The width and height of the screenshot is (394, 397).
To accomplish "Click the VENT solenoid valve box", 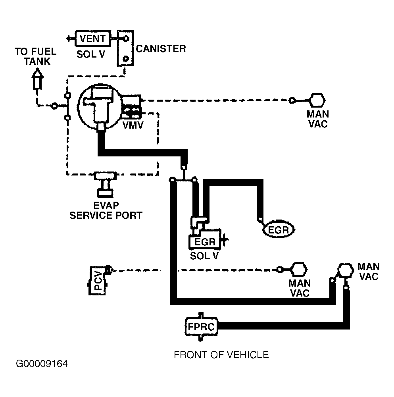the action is click(x=93, y=39).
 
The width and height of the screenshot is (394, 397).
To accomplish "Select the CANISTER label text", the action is click(x=161, y=48).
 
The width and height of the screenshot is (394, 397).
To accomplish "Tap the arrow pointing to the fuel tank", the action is click(x=37, y=79).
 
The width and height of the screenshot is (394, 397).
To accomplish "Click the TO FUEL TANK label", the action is click(x=36, y=56).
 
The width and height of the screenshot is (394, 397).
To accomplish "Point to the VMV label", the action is click(x=133, y=125).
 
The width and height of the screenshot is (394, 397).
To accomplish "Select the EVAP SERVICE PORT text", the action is click(x=106, y=210).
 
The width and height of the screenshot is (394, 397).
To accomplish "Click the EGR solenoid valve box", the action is click(x=205, y=239).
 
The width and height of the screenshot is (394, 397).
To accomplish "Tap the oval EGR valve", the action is click(x=279, y=230).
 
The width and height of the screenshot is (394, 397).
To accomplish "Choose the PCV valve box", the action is click(x=98, y=281).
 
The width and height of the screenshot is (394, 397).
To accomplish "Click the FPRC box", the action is click(x=201, y=327).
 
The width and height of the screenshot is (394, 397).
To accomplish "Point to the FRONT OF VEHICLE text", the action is click(x=221, y=355).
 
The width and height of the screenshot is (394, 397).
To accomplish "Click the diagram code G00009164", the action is click(x=42, y=364).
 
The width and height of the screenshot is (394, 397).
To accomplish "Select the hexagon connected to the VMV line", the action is click(x=317, y=100).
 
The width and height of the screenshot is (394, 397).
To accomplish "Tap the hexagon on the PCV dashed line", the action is click(x=300, y=270).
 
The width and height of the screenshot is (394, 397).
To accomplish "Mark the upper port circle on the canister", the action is click(x=125, y=39).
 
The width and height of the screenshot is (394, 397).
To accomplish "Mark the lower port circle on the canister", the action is click(x=125, y=59).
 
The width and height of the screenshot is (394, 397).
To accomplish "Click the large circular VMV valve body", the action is click(x=100, y=106).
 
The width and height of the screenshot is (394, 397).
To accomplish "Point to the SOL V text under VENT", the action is click(x=91, y=54).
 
